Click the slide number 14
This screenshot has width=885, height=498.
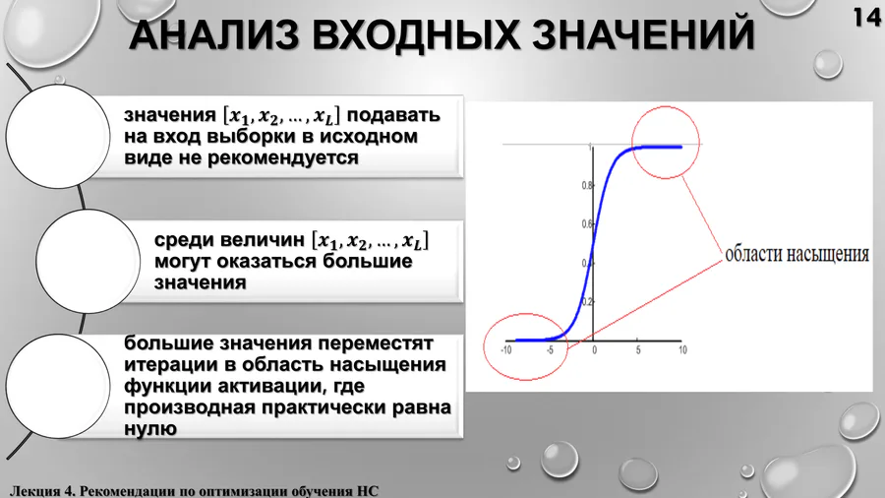pyautogui.click(x=867, y=17)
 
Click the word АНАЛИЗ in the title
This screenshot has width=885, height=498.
pyautogui.click(x=214, y=34)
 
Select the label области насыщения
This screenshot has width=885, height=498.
pyautogui.click(x=796, y=255)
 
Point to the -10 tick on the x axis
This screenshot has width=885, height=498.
pyautogui.click(x=505, y=350)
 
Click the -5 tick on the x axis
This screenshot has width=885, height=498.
pyautogui.click(x=550, y=350)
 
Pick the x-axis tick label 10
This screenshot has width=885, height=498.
pyautogui.click(x=682, y=350)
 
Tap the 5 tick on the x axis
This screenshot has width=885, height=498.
pyautogui.click(x=638, y=350)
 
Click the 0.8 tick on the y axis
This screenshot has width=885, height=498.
pyautogui.click(x=587, y=185)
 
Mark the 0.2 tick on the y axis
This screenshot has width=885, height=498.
pyautogui.click(x=587, y=301)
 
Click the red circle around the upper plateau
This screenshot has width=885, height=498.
pyautogui.click(x=666, y=106)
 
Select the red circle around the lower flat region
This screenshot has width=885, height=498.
pyautogui.click(x=525, y=314)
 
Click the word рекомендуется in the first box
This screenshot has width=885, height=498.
pyautogui.click(x=283, y=157)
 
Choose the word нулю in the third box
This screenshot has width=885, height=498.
pyautogui.click(x=150, y=428)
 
